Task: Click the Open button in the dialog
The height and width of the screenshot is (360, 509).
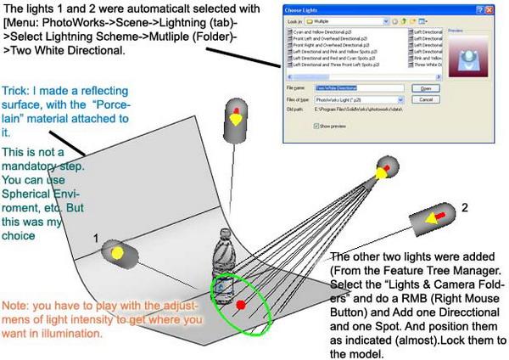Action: [x=426, y=87]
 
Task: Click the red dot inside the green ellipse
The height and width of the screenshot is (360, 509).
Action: [x=241, y=305]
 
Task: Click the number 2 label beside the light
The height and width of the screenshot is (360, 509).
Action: [x=463, y=206]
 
